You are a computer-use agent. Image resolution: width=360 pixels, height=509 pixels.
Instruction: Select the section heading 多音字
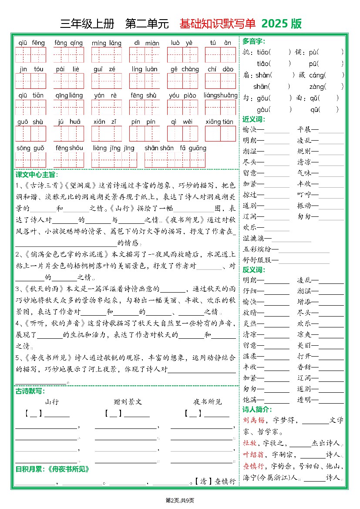(253, 41)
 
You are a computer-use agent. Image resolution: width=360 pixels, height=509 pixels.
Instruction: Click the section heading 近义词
(253, 119)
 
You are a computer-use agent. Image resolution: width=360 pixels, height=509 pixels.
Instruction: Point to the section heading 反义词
(253, 270)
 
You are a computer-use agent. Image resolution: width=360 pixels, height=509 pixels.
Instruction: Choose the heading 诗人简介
(257, 410)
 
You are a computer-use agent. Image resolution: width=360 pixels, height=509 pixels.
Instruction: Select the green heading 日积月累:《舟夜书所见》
(52, 469)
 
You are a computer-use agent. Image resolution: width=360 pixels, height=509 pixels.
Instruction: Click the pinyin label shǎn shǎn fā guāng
(175, 148)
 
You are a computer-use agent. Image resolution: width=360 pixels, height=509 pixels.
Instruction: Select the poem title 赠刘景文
(128, 402)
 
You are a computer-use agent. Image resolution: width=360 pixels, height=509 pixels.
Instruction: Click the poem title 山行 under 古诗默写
(52, 402)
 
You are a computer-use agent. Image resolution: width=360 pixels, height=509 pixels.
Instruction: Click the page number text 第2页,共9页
(180, 500)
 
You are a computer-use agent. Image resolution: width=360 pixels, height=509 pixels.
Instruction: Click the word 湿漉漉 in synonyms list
(257, 238)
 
